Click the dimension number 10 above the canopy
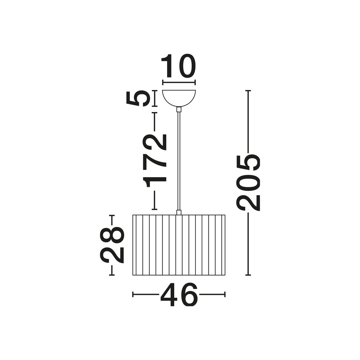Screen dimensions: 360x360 point(179,66)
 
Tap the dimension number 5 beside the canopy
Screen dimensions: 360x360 point(137,98)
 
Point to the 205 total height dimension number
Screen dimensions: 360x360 point(249,183)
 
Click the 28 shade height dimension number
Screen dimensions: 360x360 point(112,245)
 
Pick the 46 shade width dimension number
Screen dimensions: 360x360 point(179,294)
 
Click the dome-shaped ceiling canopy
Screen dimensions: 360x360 point(179,98)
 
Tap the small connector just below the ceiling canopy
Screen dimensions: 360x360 point(179,109)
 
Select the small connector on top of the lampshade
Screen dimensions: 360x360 point(179,212)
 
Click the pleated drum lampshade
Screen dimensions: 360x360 point(179,245)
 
